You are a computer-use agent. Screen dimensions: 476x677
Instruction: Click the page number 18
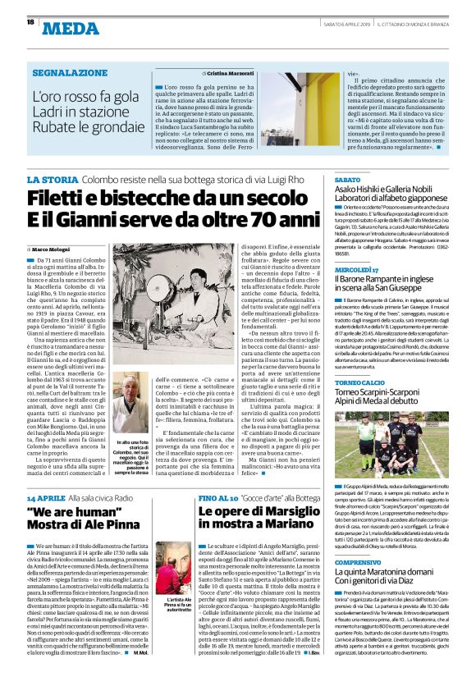point(30,21)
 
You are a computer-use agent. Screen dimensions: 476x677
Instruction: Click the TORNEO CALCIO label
point(359,382)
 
